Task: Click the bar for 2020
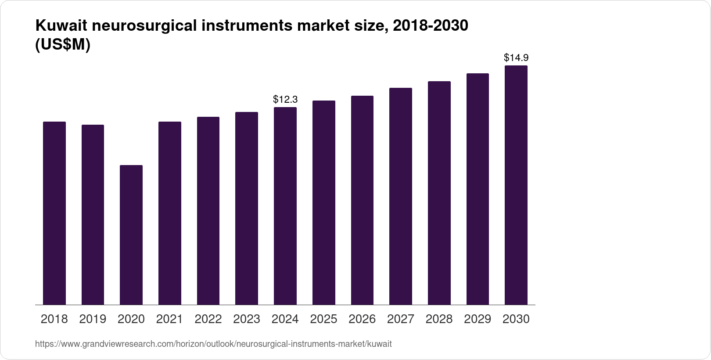(131, 235)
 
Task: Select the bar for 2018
(54, 213)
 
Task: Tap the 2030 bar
(516, 185)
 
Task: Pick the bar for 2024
(285, 206)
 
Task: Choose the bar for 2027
(401, 196)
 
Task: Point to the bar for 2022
(208, 211)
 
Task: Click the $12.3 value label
(285, 99)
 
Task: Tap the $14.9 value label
(516, 58)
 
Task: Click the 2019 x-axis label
(93, 319)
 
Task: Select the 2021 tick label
(169, 319)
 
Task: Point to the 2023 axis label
(247, 319)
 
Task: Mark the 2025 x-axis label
(323, 319)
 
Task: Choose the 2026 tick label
(362, 319)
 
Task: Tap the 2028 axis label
(439, 319)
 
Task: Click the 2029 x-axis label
(478, 319)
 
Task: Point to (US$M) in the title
(62, 45)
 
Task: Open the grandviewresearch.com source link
(213, 344)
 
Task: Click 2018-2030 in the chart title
(431, 26)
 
